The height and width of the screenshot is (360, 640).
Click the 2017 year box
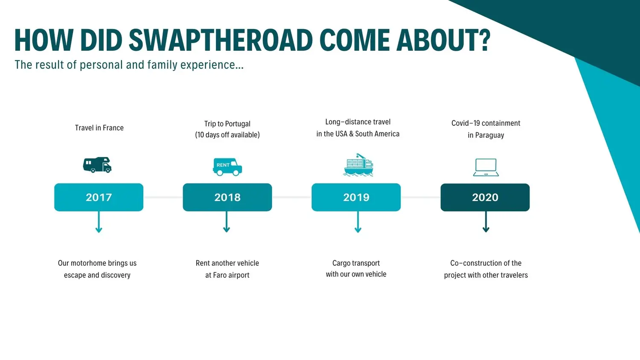click(99, 197)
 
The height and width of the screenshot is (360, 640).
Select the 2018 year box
click(227, 197)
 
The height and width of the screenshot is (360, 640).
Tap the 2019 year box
click(356, 197)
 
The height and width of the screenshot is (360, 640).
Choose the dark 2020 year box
click(485, 197)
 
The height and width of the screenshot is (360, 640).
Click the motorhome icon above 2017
click(97, 165)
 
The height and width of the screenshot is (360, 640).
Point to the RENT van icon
click(227, 167)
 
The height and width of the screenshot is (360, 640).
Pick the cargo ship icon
click(358, 165)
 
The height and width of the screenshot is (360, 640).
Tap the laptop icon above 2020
click(486, 168)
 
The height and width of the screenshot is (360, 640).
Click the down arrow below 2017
click(99, 222)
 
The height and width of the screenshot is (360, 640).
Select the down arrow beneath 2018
click(227, 222)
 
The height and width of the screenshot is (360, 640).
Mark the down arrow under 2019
click(358, 222)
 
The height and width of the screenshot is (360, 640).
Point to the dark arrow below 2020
click(486, 222)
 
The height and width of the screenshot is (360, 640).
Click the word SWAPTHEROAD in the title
click(221, 40)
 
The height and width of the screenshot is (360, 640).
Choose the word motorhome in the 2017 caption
click(84, 263)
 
